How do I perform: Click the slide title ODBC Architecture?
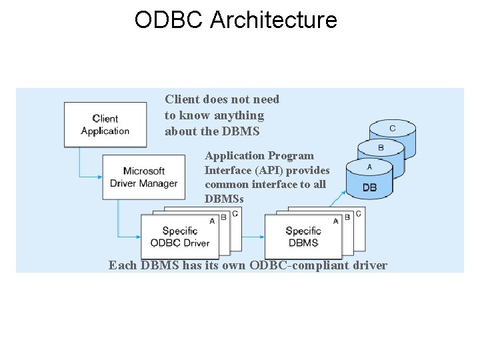[235, 20]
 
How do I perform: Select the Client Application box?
[105, 125]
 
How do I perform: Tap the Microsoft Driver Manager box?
[143, 177]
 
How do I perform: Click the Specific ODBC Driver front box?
[179, 237]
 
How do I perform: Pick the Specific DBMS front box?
[303, 237]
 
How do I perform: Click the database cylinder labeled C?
[392, 128]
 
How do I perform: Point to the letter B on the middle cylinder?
[381, 148]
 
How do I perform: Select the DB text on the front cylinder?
[369, 188]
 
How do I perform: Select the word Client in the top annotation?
[181, 99]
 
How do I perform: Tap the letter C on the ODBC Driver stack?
[235, 213]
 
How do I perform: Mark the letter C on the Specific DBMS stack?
[359, 213]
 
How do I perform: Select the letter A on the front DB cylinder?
[369, 168]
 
